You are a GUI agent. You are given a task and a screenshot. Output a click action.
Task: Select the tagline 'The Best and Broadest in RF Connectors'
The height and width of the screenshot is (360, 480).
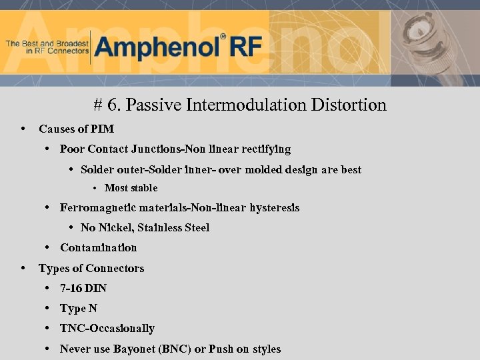pyautogui.click(x=47, y=47)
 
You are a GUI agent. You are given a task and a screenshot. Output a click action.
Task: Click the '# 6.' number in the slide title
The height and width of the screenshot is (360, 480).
pyautogui.click(x=107, y=105)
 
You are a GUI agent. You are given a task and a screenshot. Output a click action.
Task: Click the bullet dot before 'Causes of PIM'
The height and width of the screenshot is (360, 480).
pyautogui.click(x=24, y=129)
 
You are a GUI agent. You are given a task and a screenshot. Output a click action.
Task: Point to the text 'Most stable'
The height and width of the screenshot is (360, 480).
pyautogui.click(x=131, y=189)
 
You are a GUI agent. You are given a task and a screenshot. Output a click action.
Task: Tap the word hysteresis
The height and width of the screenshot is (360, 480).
pyautogui.click(x=275, y=208)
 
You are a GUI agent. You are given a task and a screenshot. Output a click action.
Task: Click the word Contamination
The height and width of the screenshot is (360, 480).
pyautogui.click(x=98, y=248)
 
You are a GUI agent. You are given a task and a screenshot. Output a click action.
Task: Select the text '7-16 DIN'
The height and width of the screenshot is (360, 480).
pyautogui.click(x=83, y=289)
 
